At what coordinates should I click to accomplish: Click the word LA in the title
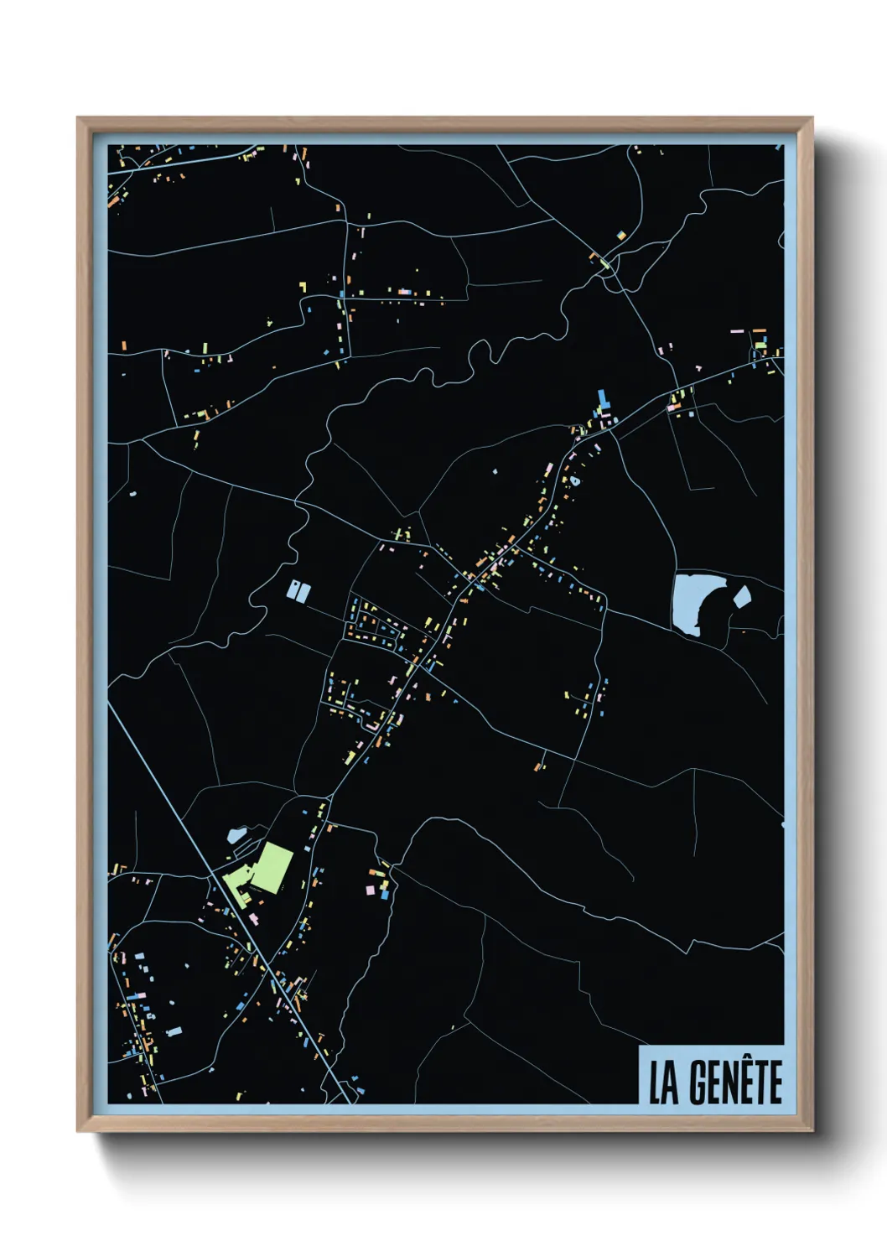(664, 1083)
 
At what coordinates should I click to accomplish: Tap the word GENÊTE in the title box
(735, 1083)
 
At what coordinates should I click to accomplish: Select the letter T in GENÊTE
(760, 1083)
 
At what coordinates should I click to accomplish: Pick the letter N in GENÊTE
(728, 1083)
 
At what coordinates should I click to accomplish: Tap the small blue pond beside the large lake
(741, 597)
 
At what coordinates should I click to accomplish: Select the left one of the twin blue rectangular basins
(293, 590)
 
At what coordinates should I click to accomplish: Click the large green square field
(275, 866)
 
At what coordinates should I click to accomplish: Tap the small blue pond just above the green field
(235, 835)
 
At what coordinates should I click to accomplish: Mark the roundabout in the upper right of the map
(606, 263)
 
